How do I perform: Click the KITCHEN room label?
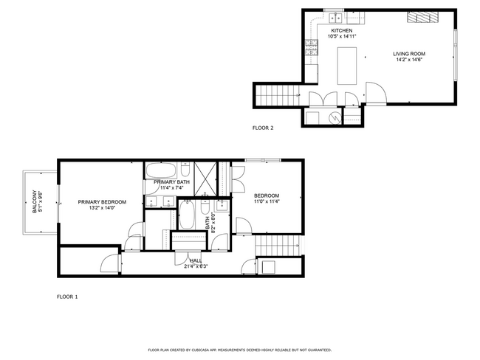[341, 30]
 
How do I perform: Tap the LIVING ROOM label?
[408, 54]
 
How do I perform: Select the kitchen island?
[347, 65]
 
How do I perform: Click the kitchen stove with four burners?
[311, 50]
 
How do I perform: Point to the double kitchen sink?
[335, 16]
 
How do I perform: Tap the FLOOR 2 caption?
[263, 128]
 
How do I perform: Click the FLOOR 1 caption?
[67, 297]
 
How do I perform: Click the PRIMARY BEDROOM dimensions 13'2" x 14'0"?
[102, 208]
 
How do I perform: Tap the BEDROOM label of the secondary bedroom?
[267, 195]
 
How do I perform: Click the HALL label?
[196, 260]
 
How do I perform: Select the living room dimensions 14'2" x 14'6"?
[408, 60]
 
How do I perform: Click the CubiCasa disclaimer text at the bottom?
[239, 350]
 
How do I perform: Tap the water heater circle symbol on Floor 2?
[335, 117]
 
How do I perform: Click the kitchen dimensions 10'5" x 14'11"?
[341, 36]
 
